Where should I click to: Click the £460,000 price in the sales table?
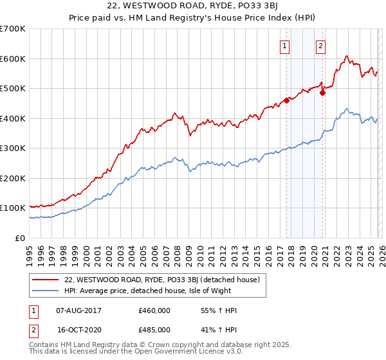pyautogui.click(x=154, y=310)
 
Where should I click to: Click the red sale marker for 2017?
pyautogui.click(x=286, y=100)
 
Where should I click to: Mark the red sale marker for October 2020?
pyautogui.click(x=323, y=93)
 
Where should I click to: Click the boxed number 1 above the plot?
pyautogui.click(x=284, y=46)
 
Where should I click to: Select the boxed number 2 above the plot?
pyautogui.click(x=320, y=46)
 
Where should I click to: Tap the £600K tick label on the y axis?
pyautogui.click(x=14, y=59)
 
